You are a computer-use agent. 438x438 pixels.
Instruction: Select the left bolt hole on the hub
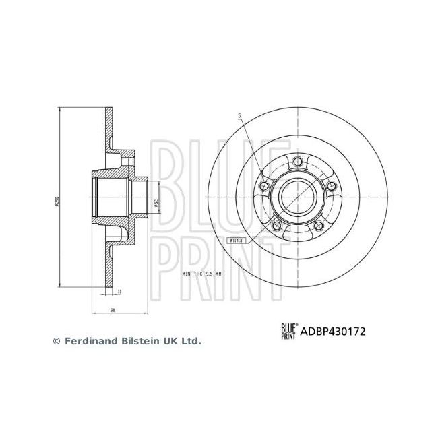coord(264,187)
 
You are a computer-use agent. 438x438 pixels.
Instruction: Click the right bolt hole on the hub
coord(330,187)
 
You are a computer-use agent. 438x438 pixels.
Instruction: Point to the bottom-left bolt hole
coord(277,226)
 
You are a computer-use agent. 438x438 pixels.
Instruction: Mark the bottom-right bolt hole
coord(319,226)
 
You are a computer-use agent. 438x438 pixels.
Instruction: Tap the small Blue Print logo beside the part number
coord(289,330)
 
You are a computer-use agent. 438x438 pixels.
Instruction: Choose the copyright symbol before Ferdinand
coord(57,342)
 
